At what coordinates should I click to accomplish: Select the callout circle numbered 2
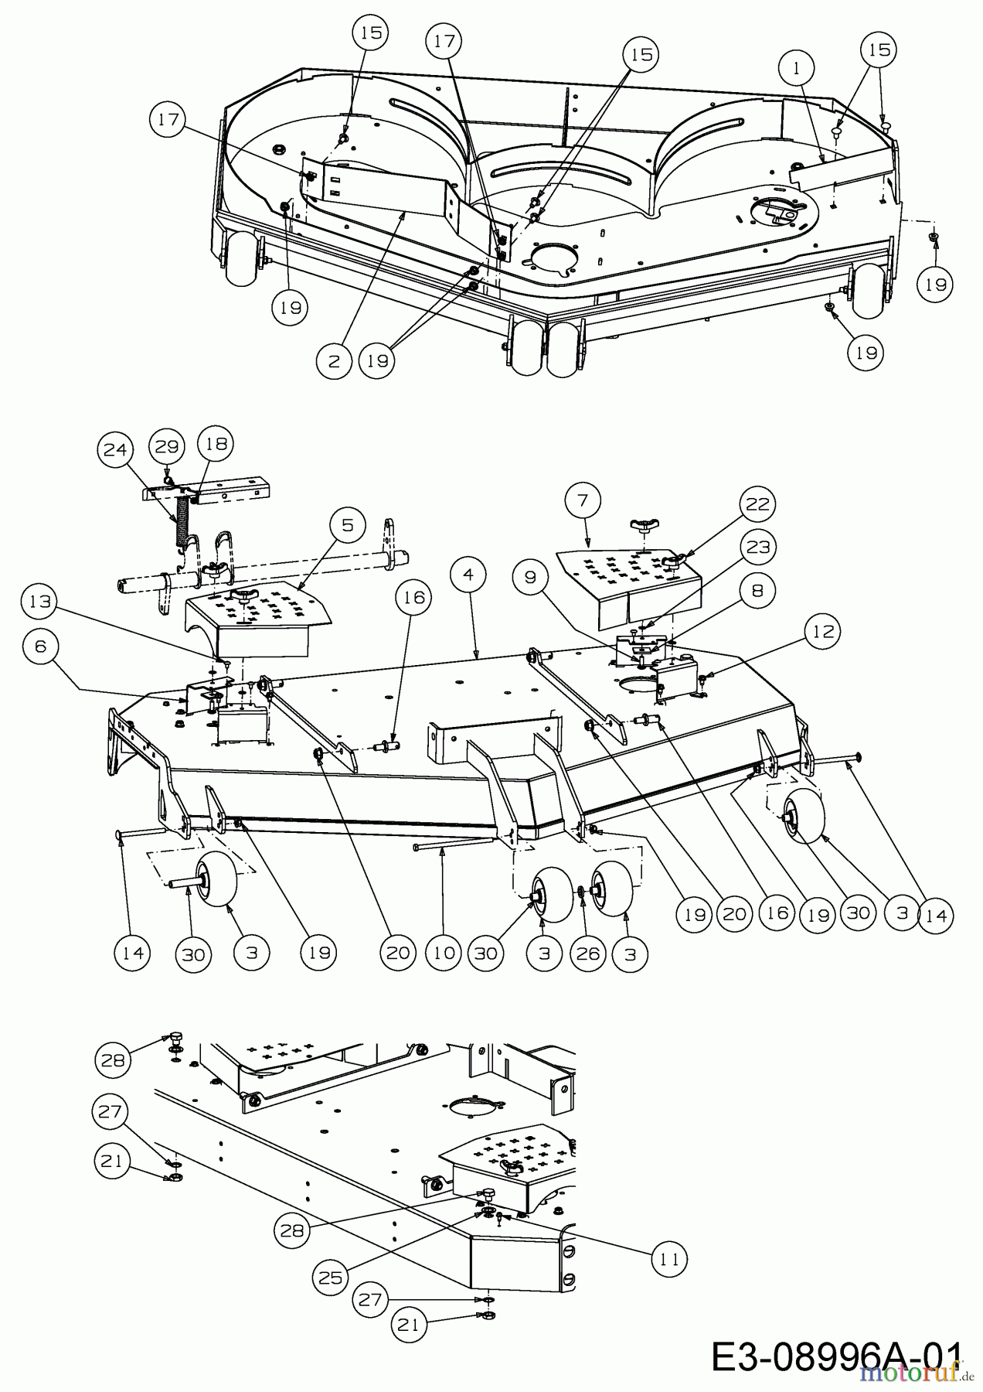(x=335, y=361)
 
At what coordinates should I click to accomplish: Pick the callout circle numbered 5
(x=348, y=525)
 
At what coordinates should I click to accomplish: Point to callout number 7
(x=583, y=500)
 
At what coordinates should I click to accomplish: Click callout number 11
(x=669, y=1259)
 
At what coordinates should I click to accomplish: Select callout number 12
(x=823, y=632)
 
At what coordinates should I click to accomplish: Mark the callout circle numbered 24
(x=116, y=449)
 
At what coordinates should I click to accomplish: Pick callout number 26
(x=587, y=953)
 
